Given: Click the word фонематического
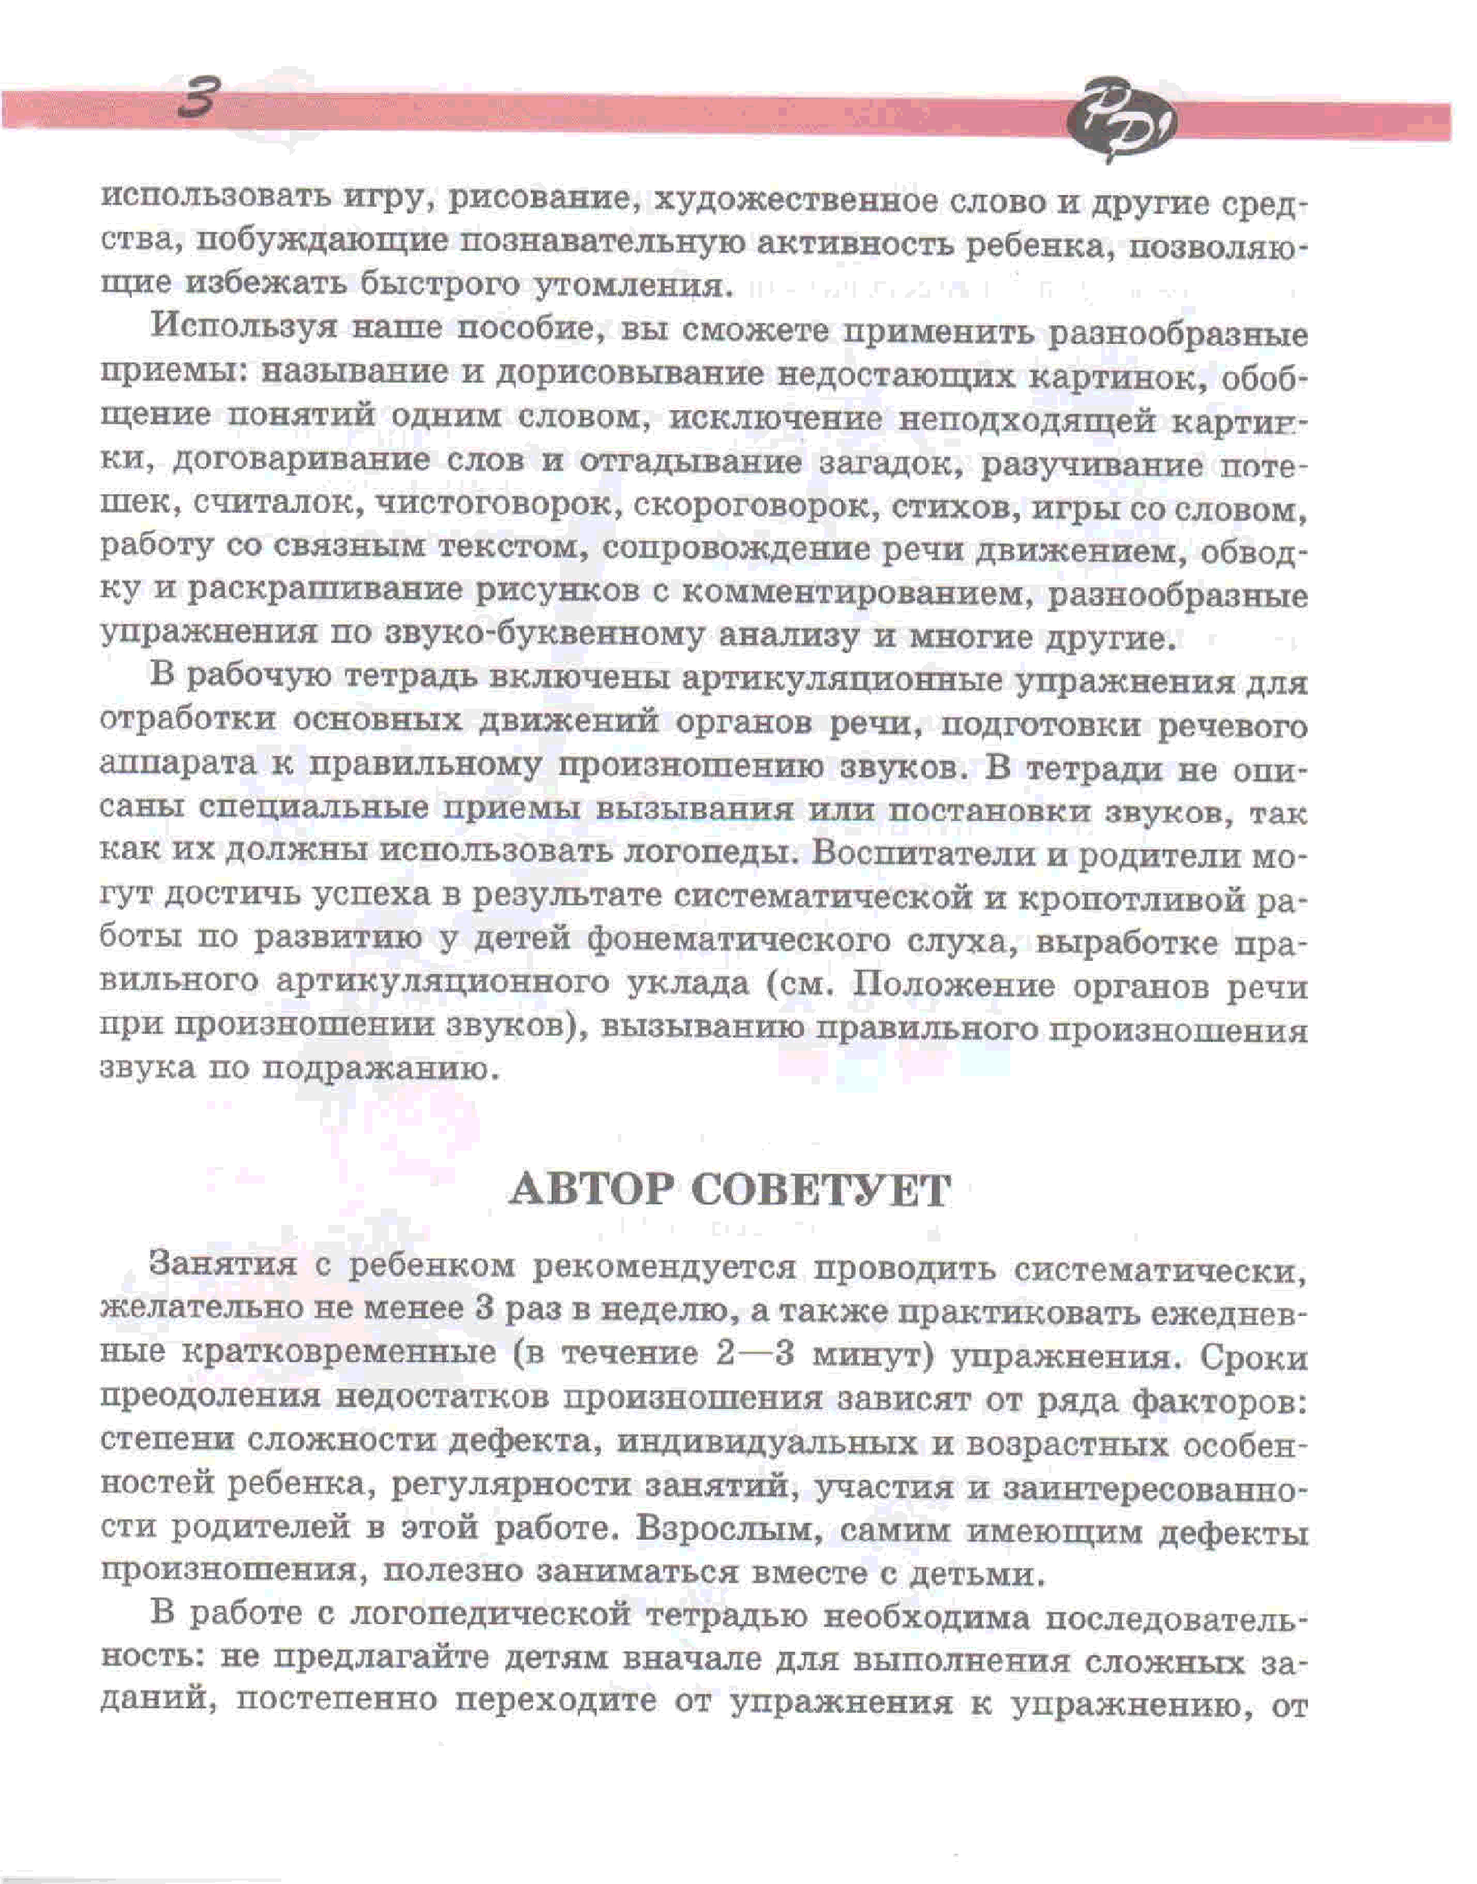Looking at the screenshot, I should [x=738, y=942].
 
